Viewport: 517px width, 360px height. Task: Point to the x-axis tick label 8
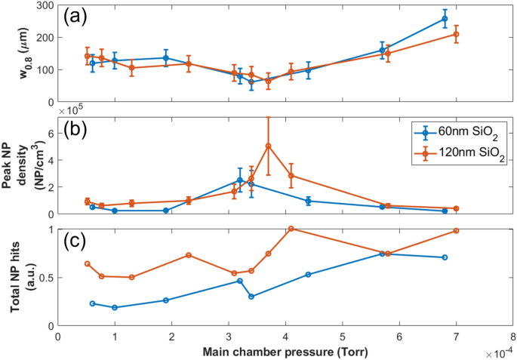click(512, 337)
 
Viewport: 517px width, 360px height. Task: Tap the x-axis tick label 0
click(58, 337)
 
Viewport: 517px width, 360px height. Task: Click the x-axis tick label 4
click(285, 337)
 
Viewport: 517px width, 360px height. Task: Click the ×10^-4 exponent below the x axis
click(499, 352)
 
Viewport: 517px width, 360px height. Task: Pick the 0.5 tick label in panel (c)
click(45, 278)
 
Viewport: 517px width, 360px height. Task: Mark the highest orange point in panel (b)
click(268, 146)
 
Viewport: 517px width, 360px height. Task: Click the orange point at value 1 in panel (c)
click(291, 229)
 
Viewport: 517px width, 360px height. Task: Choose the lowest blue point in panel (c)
click(115, 307)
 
